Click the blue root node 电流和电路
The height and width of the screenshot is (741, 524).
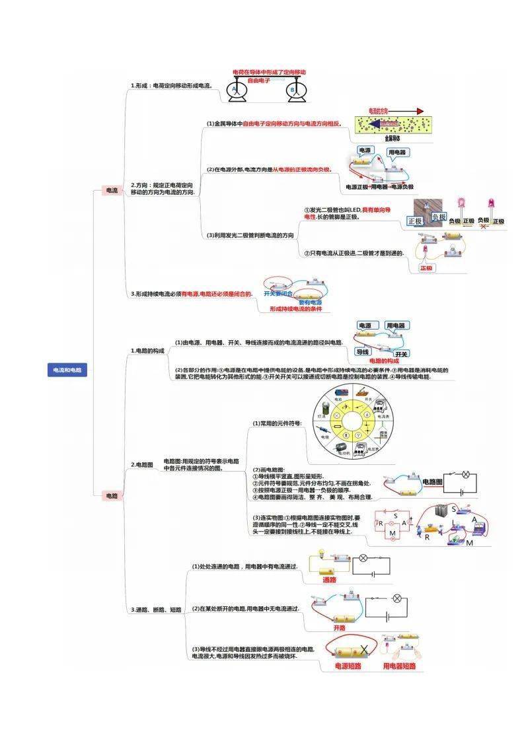click(x=67, y=370)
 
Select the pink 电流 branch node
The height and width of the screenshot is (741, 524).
click(x=112, y=190)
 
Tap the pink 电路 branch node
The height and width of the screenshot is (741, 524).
click(x=112, y=495)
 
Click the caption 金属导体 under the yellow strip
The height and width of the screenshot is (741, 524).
click(x=392, y=139)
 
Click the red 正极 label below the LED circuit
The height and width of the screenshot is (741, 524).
click(x=427, y=268)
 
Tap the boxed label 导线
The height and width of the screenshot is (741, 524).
click(x=362, y=352)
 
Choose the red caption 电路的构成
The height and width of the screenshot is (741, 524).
click(x=384, y=361)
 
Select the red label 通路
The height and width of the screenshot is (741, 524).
click(x=329, y=579)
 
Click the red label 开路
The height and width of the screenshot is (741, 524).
click(x=340, y=627)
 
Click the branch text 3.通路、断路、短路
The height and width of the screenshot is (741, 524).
click(x=156, y=610)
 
